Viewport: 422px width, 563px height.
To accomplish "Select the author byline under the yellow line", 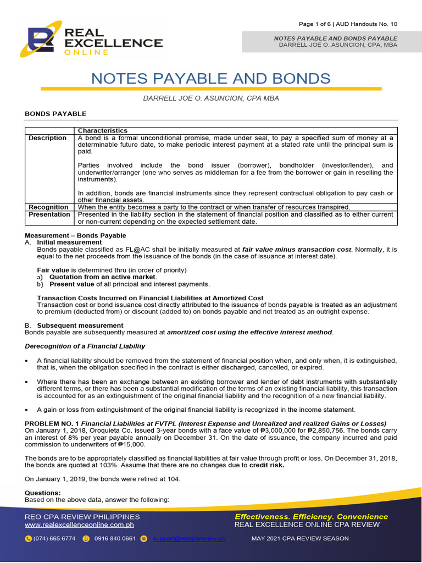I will (210, 98).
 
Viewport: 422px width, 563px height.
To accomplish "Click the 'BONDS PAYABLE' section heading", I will (55, 114).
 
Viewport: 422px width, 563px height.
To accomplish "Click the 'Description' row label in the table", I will (48, 138).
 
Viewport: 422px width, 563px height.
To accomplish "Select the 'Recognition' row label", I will (49, 207).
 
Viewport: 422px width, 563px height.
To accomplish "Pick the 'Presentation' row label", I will (49, 214).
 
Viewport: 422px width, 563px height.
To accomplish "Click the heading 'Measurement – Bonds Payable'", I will (75, 235).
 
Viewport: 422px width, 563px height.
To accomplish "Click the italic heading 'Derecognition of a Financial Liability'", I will (85, 346).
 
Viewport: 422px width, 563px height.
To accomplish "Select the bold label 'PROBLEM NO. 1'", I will (51, 423).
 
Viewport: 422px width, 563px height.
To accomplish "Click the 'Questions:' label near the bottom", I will (43, 493).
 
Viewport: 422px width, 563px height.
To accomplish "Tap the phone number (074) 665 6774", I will (54, 539).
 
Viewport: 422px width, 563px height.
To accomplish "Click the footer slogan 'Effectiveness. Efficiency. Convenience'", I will (311, 517).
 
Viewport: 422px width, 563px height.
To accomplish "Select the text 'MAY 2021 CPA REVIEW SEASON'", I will (299, 539).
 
